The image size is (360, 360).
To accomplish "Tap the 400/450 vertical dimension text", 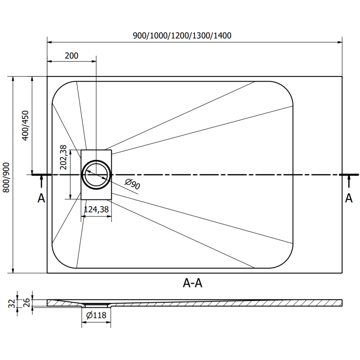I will click(x=26, y=126).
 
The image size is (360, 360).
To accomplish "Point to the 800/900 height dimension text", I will click(x=6, y=178).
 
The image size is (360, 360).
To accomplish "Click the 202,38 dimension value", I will click(x=64, y=157).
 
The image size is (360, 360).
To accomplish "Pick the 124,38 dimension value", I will click(x=96, y=209).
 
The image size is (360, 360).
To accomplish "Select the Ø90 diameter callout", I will click(x=131, y=184).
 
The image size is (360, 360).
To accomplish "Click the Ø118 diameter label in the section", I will click(x=96, y=315).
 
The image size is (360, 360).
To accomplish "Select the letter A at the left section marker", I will click(x=41, y=198).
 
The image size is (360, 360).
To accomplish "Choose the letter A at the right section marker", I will click(x=348, y=198).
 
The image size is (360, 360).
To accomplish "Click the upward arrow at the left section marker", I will click(x=41, y=181).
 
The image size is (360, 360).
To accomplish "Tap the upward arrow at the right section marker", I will click(x=349, y=181).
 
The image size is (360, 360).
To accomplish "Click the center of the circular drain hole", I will click(x=96, y=174).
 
